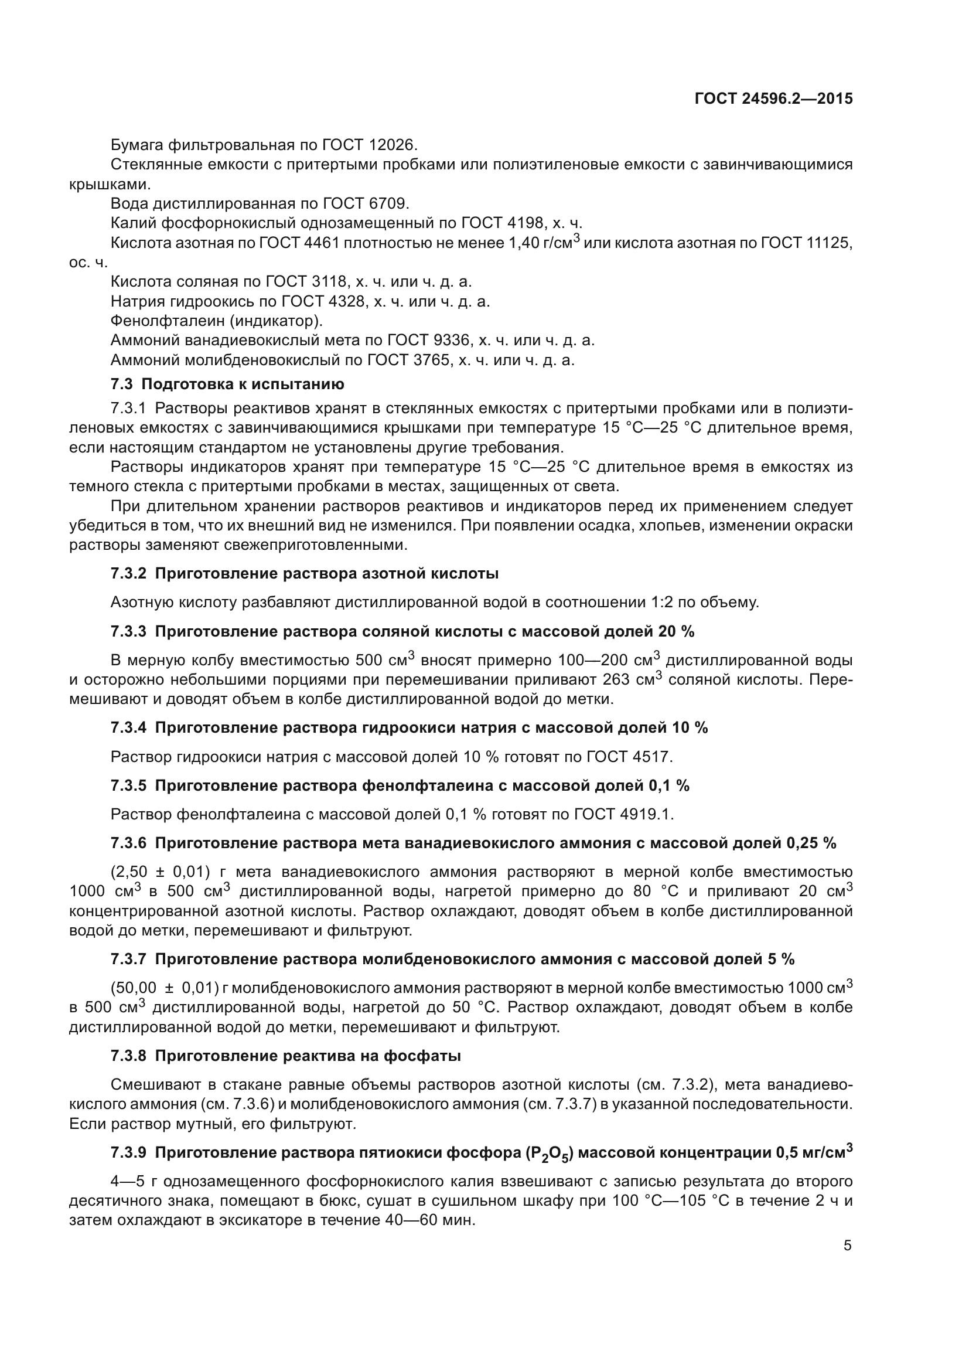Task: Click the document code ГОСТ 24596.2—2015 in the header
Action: (773, 98)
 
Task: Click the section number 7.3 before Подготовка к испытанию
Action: (122, 384)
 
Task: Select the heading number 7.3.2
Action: (128, 574)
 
